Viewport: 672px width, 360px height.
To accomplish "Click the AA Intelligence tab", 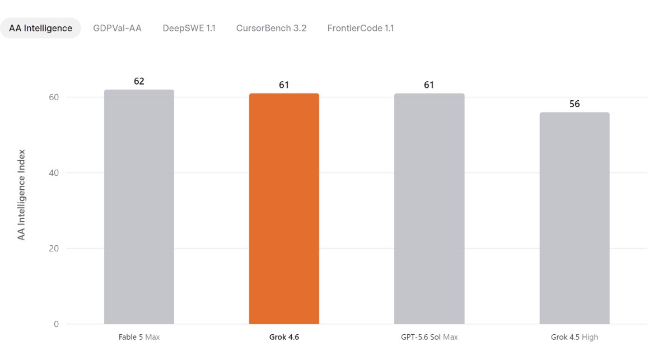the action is [x=40, y=28].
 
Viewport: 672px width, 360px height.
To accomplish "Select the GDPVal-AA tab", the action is [x=117, y=28].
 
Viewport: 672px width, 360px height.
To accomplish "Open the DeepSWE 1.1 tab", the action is [x=189, y=28].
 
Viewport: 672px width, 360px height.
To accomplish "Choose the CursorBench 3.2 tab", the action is [x=271, y=28].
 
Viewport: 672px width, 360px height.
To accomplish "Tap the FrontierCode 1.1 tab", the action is [x=361, y=28].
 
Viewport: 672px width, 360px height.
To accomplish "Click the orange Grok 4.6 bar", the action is [x=284, y=208].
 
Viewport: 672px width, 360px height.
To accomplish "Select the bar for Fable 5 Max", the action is [x=139, y=207].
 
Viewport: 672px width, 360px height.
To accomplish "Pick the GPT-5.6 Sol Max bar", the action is [x=430, y=208].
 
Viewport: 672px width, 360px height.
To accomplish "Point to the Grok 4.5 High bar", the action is [x=575, y=218].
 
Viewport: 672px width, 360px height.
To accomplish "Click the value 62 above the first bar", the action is [x=139, y=81].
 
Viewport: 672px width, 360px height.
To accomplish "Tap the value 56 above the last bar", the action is [x=575, y=104].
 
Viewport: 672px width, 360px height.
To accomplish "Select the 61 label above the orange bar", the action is [x=284, y=85].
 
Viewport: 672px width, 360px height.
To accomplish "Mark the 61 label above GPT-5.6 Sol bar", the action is [x=429, y=85].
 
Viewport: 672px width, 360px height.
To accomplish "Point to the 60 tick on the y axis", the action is [x=54, y=97].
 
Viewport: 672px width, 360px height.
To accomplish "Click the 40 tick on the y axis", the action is [x=54, y=173].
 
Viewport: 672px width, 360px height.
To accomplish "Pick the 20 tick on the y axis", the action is [x=54, y=249].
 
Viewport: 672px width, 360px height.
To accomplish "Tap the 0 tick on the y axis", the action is [x=56, y=324].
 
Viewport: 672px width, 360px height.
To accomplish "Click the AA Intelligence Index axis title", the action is [x=21, y=195].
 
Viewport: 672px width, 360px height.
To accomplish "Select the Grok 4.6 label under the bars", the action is [x=284, y=337].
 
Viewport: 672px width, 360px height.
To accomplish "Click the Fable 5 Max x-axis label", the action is [x=139, y=337].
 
